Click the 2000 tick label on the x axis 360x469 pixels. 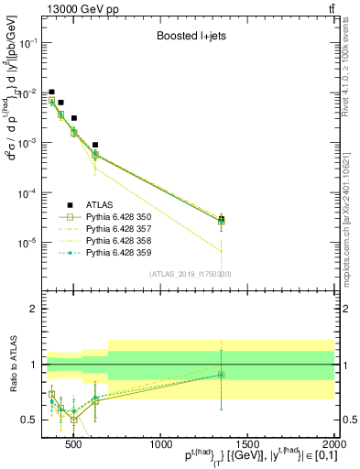pos(334,445)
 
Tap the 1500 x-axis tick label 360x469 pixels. pos(248,445)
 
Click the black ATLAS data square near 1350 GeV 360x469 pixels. pos(222,219)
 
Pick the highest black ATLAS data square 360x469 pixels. pos(52,93)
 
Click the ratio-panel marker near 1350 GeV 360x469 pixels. pos(222,374)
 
